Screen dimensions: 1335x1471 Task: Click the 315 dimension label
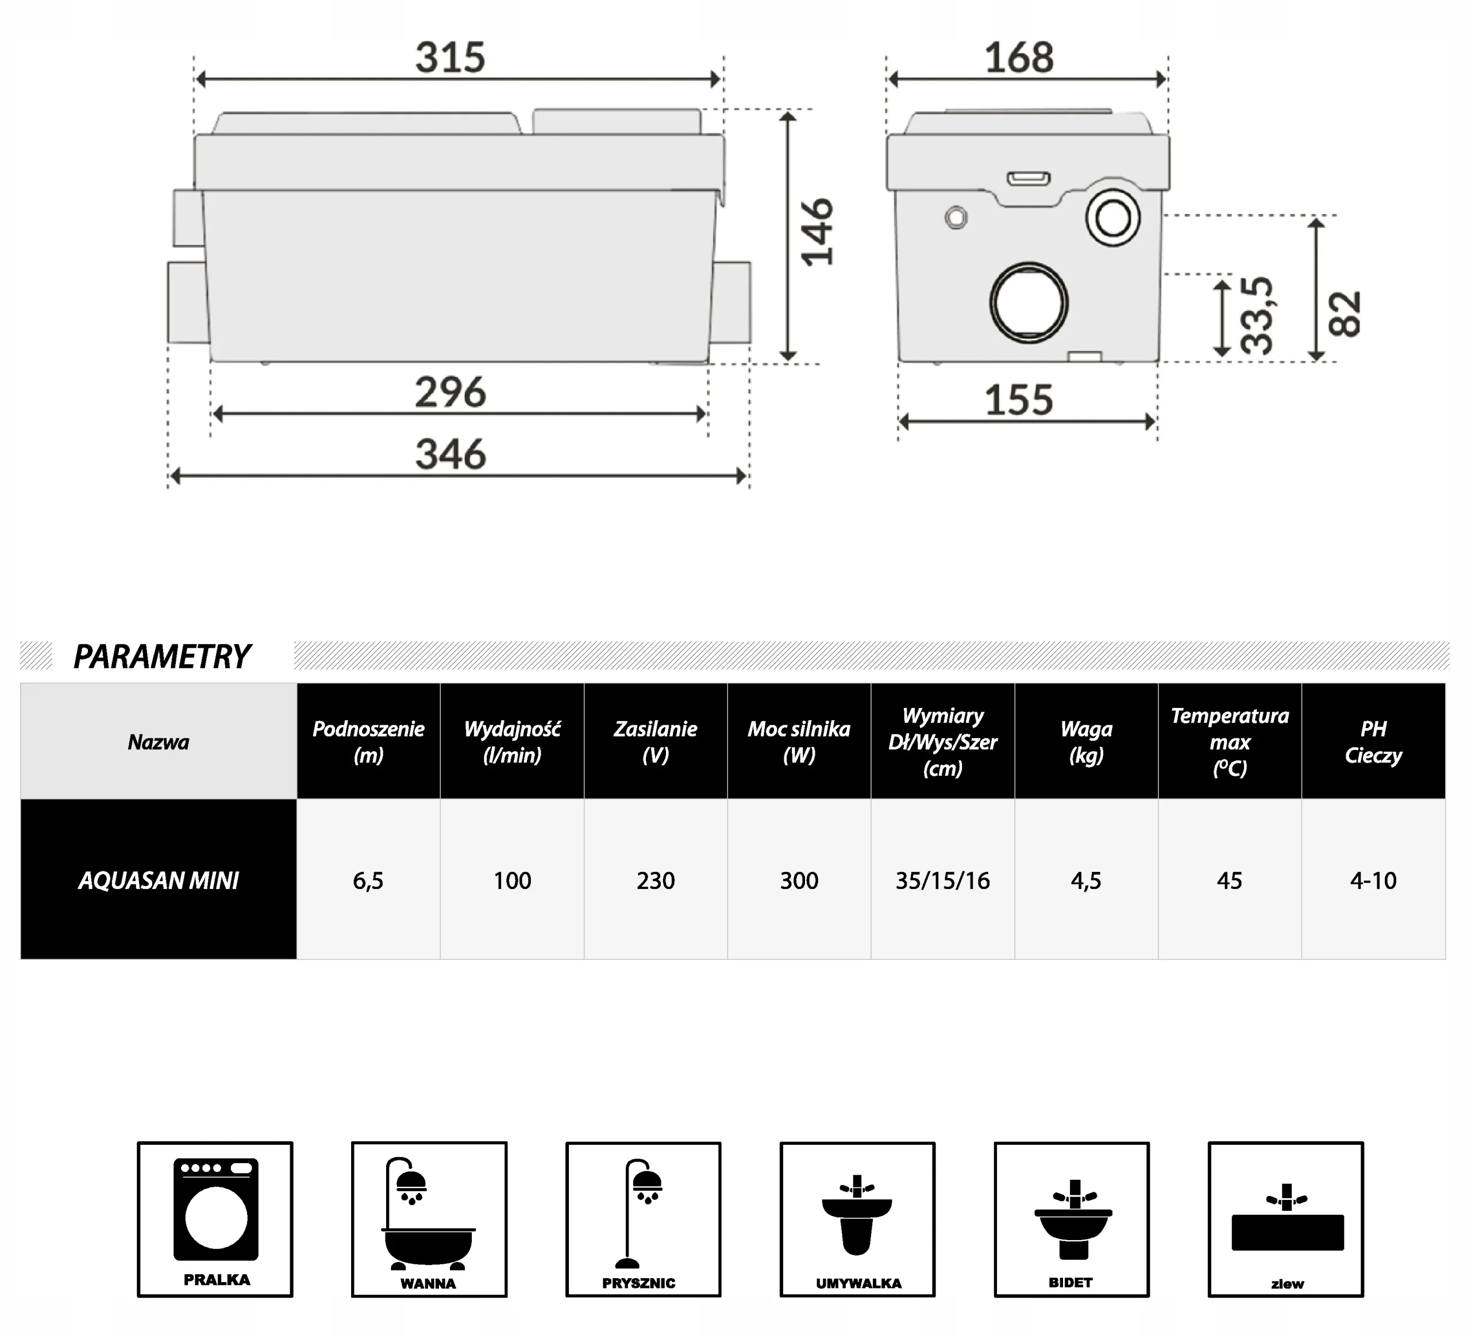(450, 57)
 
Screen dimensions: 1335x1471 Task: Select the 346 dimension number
(450, 455)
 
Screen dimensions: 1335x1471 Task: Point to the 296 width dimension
(450, 393)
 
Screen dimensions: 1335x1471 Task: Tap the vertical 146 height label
(817, 232)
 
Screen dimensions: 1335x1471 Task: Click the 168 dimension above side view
(1019, 57)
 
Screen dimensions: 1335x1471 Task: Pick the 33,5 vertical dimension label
(1257, 316)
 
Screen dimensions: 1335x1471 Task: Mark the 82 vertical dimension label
(1345, 314)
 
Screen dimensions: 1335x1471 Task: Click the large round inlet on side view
(1029, 302)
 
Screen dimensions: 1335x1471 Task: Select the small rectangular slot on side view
(1029, 179)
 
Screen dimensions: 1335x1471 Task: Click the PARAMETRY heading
(162, 656)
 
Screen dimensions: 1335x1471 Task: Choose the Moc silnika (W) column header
(799, 741)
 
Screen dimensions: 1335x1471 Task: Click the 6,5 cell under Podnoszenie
(368, 880)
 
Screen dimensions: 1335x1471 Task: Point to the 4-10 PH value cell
(1373, 880)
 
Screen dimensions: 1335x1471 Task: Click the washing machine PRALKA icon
(215, 1219)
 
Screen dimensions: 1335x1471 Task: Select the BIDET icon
(1071, 1219)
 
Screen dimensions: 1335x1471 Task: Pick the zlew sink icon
(1285, 1219)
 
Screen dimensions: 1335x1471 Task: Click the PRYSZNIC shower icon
(643, 1219)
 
